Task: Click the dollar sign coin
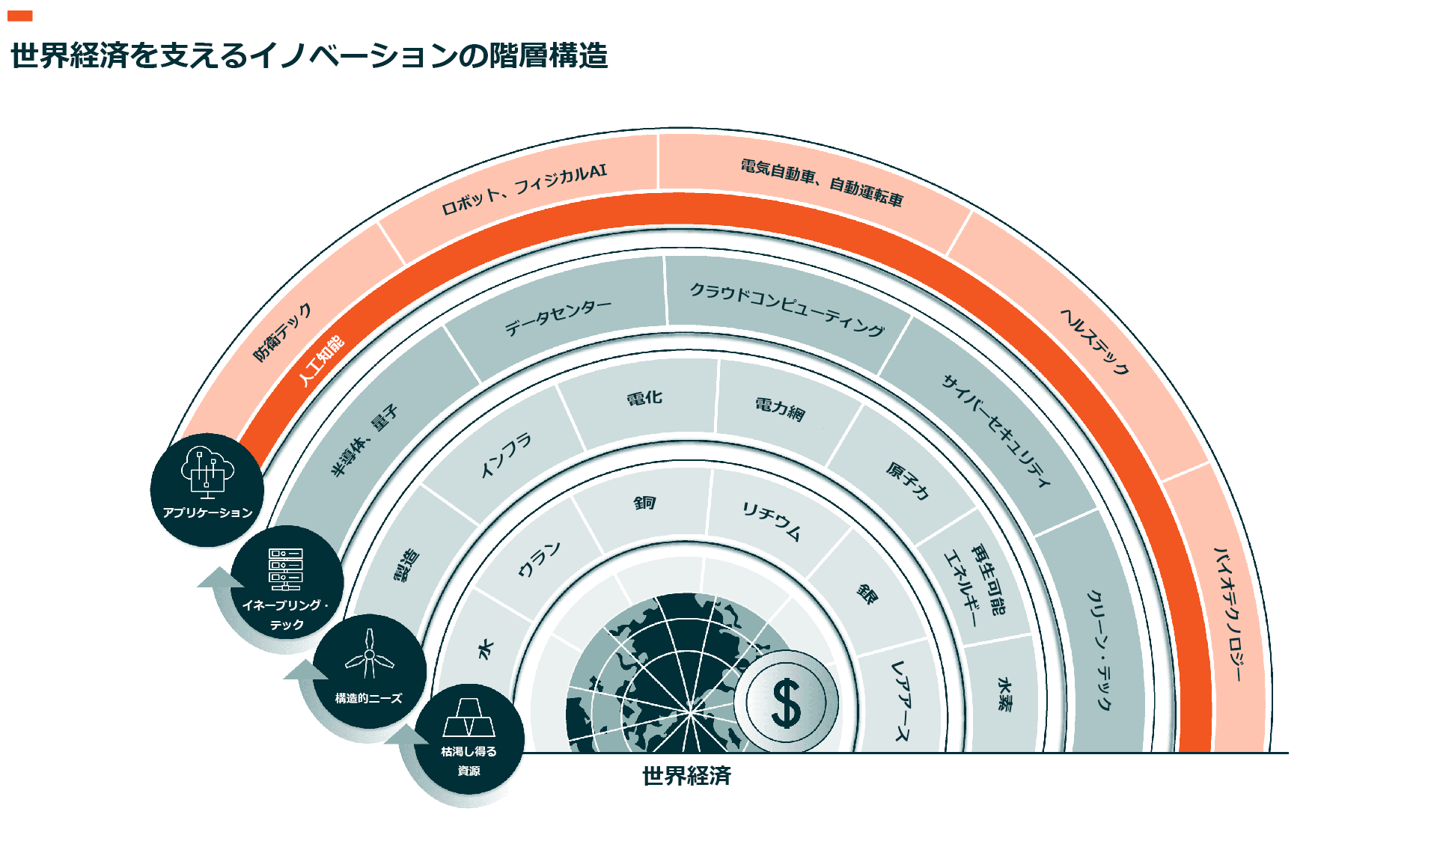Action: [x=786, y=703]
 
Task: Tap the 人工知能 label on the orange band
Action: [x=321, y=361]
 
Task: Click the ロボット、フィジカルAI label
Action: [x=524, y=189]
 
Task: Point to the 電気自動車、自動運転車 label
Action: [x=822, y=182]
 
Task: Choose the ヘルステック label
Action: [x=1094, y=341]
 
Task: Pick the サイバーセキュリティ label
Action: [x=996, y=430]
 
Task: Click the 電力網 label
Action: [x=780, y=409]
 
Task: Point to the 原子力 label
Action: [x=908, y=480]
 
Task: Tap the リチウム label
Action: [x=772, y=521]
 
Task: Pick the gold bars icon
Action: [x=469, y=718]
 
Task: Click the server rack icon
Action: [x=286, y=569]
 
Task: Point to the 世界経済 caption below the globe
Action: [x=686, y=776]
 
